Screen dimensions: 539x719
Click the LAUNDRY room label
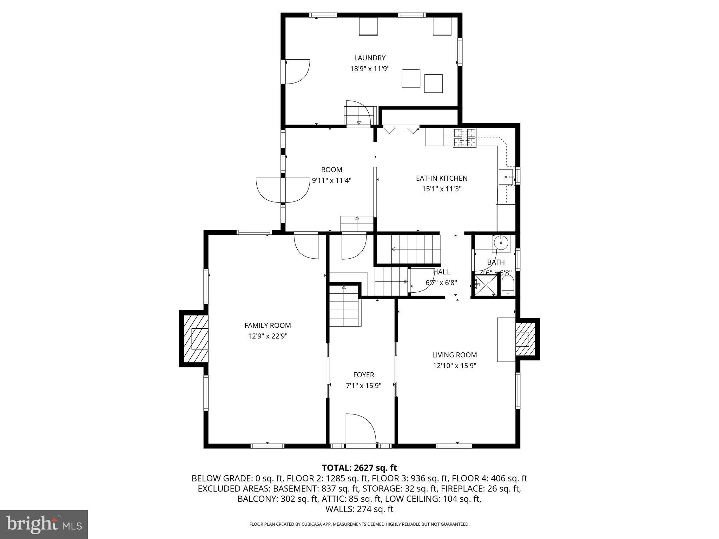point(370,58)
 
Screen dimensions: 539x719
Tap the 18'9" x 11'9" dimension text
point(370,69)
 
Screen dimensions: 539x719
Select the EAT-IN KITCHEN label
point(442,178)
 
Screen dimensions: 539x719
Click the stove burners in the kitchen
point(465,138)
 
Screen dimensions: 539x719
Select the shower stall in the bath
point(484,286)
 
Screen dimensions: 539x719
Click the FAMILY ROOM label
point(268,325)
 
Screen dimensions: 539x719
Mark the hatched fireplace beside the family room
point(194,338)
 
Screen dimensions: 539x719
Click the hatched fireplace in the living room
point(525,339)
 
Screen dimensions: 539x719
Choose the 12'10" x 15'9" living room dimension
point(454,366)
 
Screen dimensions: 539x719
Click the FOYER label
point(363,375)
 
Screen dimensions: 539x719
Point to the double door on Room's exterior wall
point(283,190)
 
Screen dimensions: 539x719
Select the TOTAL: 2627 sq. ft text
point(359,468)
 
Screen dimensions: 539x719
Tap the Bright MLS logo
point(44,525)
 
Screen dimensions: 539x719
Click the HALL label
point(441,272)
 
